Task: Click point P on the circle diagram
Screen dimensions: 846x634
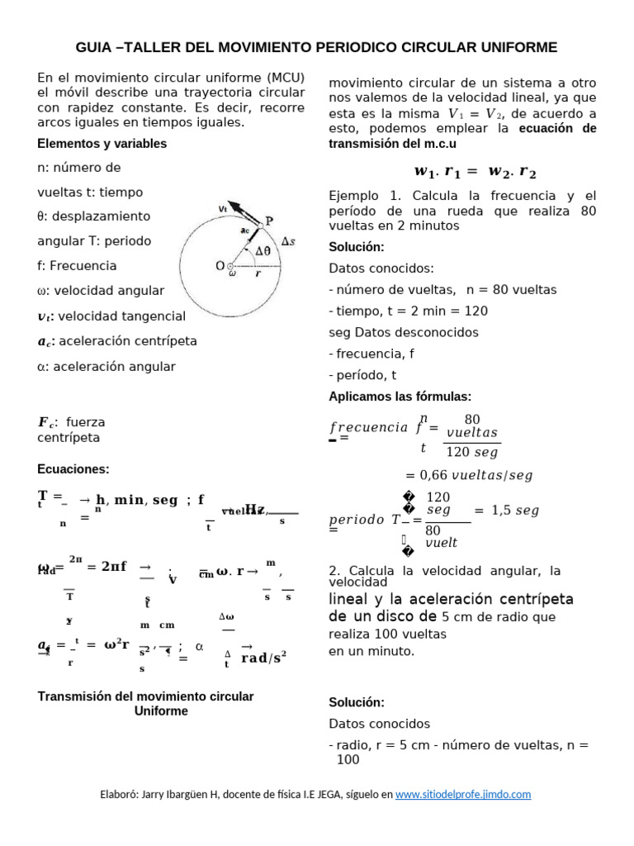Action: [268, 221]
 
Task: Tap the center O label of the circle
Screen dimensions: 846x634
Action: [220, 265]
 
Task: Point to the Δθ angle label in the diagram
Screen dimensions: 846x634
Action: [263, 251]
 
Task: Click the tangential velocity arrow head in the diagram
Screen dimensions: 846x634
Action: [233, 205]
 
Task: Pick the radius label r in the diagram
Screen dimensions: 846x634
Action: [258, 275]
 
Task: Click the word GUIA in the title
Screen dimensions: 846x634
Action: [94, 48]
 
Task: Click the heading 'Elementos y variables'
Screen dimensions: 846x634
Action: [102, 144]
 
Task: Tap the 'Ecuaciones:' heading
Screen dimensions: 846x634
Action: [73, 469]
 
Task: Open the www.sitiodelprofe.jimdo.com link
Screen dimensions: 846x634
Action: [463, 794]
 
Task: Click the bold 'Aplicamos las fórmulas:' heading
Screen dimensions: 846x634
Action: [400, 397]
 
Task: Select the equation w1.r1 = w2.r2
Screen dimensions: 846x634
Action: [475, 172]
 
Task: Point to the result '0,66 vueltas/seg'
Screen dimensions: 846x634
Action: [469, 475]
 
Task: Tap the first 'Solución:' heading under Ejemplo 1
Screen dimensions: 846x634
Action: [357, 247]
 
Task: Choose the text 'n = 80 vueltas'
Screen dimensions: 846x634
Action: [511, 290]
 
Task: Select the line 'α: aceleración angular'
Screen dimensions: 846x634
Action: [106, 366]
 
